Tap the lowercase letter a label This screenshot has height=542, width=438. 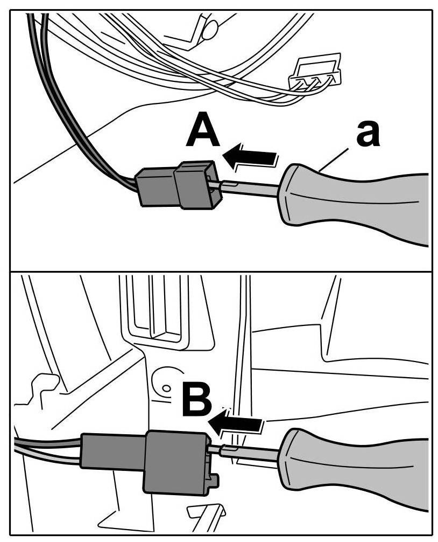pos(368,135)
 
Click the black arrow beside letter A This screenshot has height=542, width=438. pos(252,158)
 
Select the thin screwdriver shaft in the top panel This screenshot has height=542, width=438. pos(250,186)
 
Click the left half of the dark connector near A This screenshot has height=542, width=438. pos(157,187)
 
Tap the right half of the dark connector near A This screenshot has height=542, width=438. pos(196,185)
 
